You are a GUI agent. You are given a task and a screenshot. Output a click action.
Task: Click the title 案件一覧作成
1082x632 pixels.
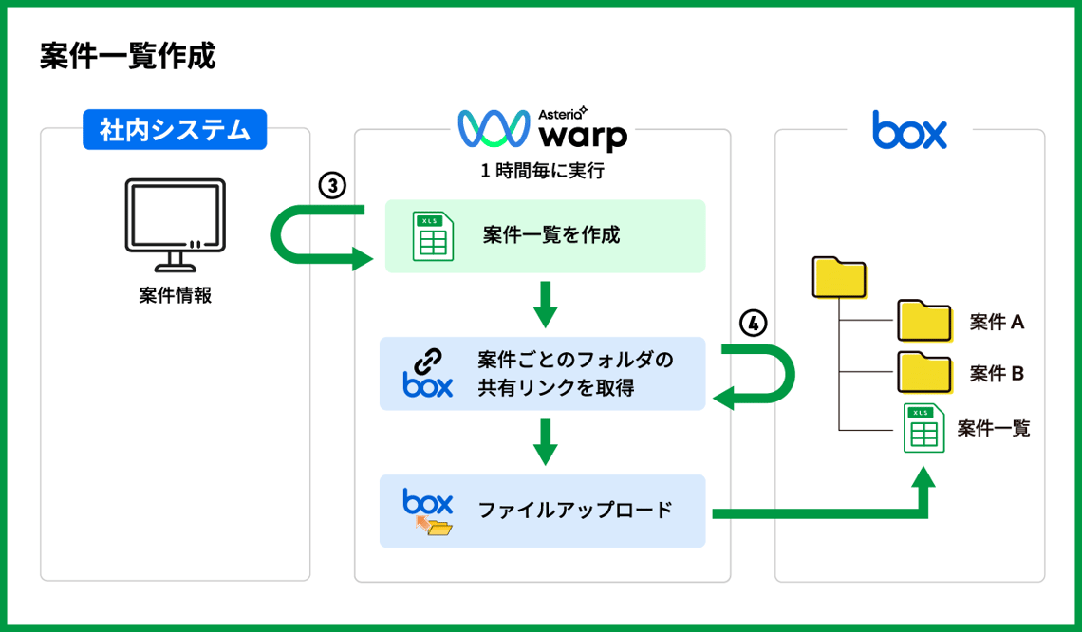(x=127, y=56)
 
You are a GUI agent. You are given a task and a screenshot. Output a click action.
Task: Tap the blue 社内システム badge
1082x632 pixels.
(x=175, y=129)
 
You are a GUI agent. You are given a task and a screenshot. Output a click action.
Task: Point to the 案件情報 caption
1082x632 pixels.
(x=175, y=295)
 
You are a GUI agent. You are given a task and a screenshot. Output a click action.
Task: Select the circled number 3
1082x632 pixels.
(x=331, y=186)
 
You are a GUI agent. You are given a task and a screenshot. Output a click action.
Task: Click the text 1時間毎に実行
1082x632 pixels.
(x=543, y=172)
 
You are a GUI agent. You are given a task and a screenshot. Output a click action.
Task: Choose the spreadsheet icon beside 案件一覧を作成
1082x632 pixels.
(x=432, y=235)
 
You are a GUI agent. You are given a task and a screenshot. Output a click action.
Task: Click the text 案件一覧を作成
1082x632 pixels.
(x=550, y=235)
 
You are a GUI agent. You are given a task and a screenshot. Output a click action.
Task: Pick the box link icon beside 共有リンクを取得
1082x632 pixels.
(x=428, y=372)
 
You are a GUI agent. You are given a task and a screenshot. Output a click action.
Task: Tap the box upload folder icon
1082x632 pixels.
(x=428, y=512)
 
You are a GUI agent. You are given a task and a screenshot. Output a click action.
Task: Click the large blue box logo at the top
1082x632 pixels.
(x=909, y=130)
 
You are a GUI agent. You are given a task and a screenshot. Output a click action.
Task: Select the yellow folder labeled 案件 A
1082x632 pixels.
(x=924, y=322)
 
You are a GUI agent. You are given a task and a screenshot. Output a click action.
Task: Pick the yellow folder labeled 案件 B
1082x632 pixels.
(x=924, y=373)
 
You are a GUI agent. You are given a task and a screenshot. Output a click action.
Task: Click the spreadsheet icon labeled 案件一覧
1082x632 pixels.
(x=922, y=428)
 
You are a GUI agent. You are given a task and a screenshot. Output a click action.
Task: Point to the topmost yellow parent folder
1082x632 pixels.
(x=840, y=276)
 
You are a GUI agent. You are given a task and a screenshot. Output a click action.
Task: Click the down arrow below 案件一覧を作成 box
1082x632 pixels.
(x=544, y=303)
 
